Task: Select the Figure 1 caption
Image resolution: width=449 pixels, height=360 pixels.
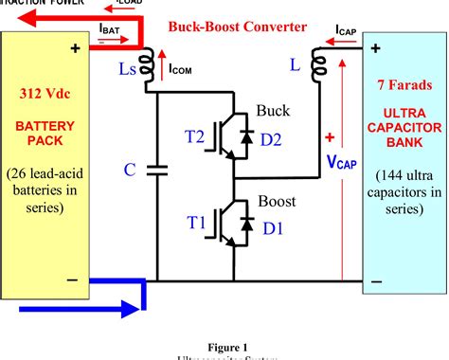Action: (x=224, y=347)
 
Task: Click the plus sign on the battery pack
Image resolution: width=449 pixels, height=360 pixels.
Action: (x=73, y=45)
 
